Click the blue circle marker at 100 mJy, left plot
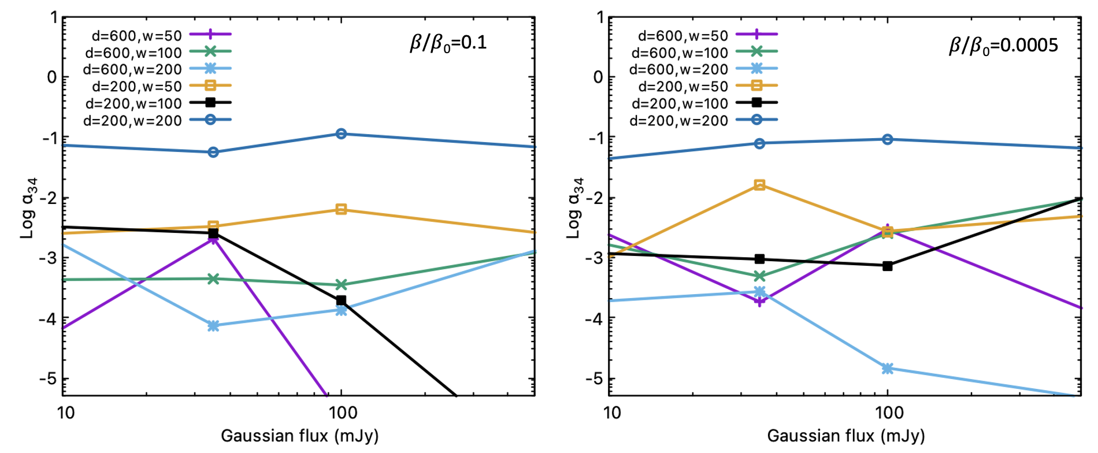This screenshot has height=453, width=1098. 341,134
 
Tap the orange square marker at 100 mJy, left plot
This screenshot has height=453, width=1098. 341,209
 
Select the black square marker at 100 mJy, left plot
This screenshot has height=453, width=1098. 341,300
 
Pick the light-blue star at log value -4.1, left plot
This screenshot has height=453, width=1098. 213,326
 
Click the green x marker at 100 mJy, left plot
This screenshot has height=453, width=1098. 341,285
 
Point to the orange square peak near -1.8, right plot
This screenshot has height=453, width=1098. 760,185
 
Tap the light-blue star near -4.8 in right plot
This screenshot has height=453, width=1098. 888,369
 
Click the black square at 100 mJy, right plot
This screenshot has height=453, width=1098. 888,266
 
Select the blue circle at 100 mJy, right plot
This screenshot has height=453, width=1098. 888,139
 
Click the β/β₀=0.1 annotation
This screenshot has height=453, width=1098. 448,43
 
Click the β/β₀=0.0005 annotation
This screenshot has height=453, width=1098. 1003,46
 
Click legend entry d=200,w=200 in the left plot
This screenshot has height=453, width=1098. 132,121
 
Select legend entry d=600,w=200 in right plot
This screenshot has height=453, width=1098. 678,70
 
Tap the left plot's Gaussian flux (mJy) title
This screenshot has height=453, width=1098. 299,436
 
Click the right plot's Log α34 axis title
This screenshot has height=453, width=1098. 576,208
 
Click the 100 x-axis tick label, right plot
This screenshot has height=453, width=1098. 889,413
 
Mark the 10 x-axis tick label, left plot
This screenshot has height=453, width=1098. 66,413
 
